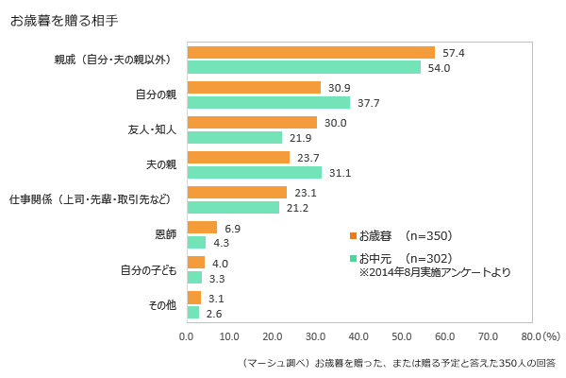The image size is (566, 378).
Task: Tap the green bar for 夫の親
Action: [x=255, y=172]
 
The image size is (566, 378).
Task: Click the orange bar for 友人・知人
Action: [x=253, y=123]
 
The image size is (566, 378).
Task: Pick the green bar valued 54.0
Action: [x=304, y=67]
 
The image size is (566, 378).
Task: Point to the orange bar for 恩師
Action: [x=203, y=228]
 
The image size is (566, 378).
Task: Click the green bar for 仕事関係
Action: [x=234, y=207]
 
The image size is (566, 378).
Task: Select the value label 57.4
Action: [x=455, y=53]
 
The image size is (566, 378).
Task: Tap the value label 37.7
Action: [x=369, y=103]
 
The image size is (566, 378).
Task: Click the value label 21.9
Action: [x=301, y=138]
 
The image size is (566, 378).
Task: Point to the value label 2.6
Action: [x=216, y=313]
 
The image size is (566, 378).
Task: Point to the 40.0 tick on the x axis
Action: [x=358, y=335]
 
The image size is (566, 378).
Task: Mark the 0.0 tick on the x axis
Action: [x=187, y=335]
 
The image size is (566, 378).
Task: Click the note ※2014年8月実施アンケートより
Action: [x=436, y=272]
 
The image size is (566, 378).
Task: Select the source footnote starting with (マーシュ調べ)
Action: [x=400, y=362]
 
